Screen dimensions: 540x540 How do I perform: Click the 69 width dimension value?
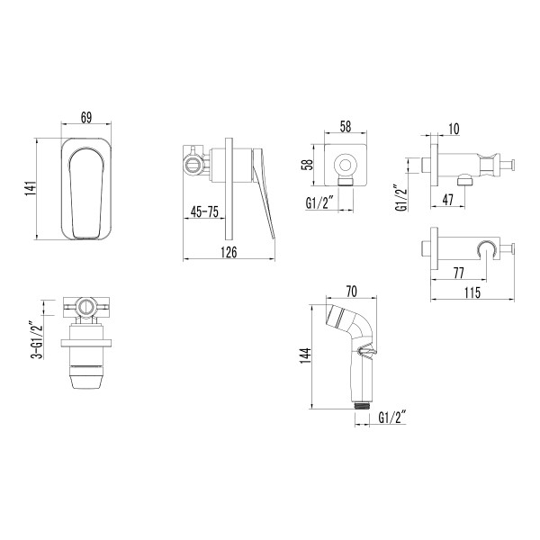[x=86, y=118]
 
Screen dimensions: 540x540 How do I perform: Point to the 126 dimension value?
[x=229, y=253]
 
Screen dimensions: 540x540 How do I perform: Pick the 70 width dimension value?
[x=351, y=292]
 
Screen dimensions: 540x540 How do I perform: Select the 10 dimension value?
[x=453, y=130]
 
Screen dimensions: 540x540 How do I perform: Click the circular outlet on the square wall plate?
[x=344, y=166]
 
